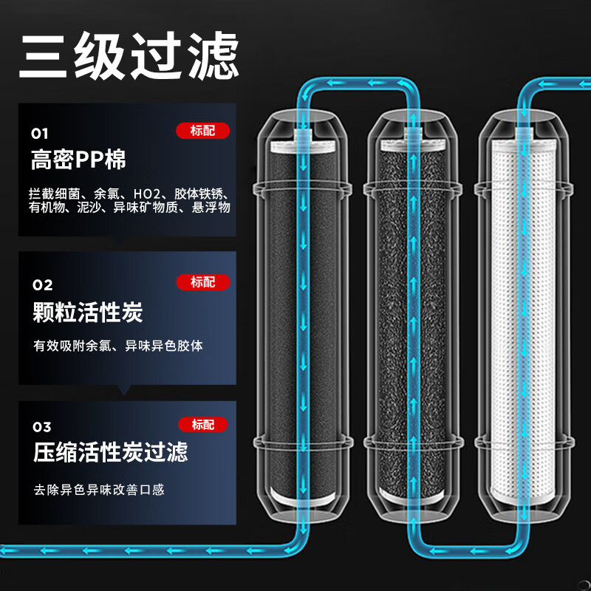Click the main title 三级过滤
pyautogui.click(x=129, y=55)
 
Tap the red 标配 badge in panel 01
pyautogui.click(x=202, y=131)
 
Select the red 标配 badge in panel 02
pyautogui.click(x=203, y=282)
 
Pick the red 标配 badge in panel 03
pyautogui.click(x=203, y=424)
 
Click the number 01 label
pyautogui.click(x=40, y=134)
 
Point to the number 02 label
pyautogui.click(x=42, y=285)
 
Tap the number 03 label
pyautogui.click(x=42, y=427)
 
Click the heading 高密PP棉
pyautogui.click(x=78, y=160)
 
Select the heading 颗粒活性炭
pyautogui.click(x=88, y=312)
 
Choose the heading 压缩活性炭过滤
pyautogui.click(x=110, y=452)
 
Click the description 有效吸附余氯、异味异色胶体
pyautogui.click(x=118, y=346)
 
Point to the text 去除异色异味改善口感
pyautogui.click(x=99, y=490)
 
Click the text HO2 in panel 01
pyautogui.click(x=147, y=194)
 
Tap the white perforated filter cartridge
pyautogui.click(x=523, y=322)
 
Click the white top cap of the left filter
pyautogui.click(x=303, y=146)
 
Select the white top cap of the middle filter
pyautogui.click(x=413, y=145)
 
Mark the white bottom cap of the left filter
pyautogui.click(x=303, y=498)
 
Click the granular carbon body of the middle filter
pyautogui.click(x=413, y=321)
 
